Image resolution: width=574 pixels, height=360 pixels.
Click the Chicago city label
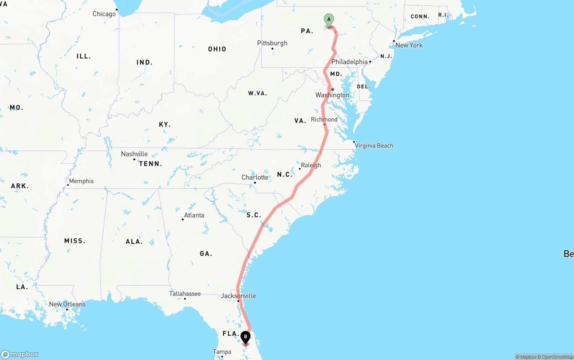click(104, 14)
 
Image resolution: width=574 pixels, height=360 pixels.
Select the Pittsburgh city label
click(272, 43)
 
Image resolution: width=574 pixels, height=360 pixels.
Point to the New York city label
click(409, 45)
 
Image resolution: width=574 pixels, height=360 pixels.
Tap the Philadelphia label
click(349, 62)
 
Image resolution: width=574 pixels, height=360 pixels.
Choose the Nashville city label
click(134, 154)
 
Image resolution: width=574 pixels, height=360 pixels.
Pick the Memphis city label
click(81, 181)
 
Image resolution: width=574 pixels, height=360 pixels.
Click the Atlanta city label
click(194, 215)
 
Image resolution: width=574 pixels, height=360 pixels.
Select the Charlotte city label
click(255, 178)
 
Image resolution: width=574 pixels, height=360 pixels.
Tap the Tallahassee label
click(185, 294)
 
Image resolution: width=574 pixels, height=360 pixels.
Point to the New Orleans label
click(67, 304)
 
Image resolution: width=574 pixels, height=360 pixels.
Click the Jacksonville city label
click(238, 296)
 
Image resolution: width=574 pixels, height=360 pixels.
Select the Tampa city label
click(222, 352)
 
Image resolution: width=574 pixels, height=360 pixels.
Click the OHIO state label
click(217, 49)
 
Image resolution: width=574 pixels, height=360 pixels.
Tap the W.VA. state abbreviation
click(257, 93)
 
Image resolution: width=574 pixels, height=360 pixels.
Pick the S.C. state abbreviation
click(254, 215)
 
